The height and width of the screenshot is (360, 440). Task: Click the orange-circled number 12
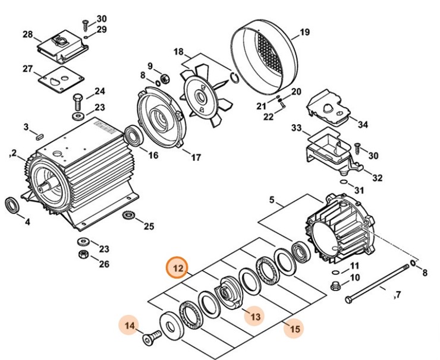pyautogui.click(x=178, y=269)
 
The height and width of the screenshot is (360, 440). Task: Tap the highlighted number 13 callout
pyautogui.click(x=254, y=317)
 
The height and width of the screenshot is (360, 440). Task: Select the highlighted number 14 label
pyautogui.click(x=130, y=325)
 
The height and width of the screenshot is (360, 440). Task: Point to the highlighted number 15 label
pyautogui.click(x=294, y=327)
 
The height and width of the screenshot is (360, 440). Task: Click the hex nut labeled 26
pyautogui.click(x=83, y=254)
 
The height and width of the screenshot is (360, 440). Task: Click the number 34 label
pyautogui.click(x=362, y=125)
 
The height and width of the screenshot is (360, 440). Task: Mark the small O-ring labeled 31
pyautogui.click(x=342, y=181)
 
